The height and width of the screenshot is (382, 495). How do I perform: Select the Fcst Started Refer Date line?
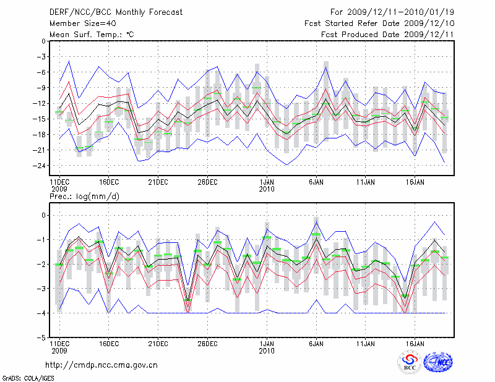(380, 23)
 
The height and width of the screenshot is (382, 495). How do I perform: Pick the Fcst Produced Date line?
(388, 34)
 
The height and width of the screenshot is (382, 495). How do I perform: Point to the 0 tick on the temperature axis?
(42, 41)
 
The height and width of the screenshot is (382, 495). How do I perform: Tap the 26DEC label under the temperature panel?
(207, 182)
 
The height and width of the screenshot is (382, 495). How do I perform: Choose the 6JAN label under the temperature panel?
(316, 182)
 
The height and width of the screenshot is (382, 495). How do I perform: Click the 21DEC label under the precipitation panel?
(158, 342)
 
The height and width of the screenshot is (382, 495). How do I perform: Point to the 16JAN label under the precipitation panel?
(414, 342)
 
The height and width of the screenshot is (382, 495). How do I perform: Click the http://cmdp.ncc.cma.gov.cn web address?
(101, 365)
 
